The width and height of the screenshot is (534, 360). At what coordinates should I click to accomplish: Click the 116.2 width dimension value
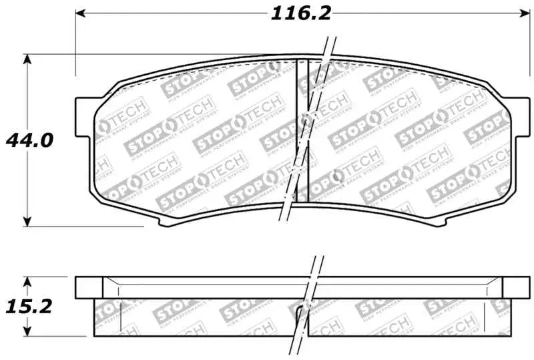(x=300, y=13)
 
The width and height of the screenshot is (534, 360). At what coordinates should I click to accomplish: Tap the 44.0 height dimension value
(x=28, y=141)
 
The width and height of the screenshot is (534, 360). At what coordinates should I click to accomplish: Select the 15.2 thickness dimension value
(x=28, y=307)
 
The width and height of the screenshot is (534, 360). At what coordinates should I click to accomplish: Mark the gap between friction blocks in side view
(x=301, y=318)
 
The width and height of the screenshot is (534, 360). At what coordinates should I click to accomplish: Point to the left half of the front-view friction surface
(x=194, y=140)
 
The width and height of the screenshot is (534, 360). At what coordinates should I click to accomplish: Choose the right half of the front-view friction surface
(x=407, y=140)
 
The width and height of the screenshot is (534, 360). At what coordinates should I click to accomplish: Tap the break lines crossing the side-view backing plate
(x=314, y=287)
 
